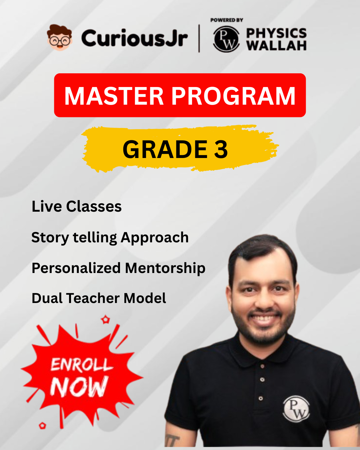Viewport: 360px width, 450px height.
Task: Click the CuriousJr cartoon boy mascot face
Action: pos(60,37)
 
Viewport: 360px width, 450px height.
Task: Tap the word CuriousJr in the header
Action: pos(134,38)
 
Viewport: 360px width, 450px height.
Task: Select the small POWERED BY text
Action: pos(227,20)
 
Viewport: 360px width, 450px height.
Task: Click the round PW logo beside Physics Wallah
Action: pos(226,39)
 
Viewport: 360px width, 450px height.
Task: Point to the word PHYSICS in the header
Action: pos(276,33)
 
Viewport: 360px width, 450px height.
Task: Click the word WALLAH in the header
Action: pos(276,45)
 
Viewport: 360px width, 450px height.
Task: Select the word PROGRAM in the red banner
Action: pos(233,96)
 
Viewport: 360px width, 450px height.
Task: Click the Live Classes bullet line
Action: pos(77,206)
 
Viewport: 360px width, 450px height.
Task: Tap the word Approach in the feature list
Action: pos(155,237)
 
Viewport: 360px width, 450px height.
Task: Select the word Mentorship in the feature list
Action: pos(165,268)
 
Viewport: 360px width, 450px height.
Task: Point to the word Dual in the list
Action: pos(47,298)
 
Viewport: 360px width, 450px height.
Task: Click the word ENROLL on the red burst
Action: pos(81,365)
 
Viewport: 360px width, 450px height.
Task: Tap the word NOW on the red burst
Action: pos(79,387)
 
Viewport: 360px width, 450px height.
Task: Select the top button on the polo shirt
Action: pos(263,366)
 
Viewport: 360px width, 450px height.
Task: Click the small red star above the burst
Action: pos(106,320)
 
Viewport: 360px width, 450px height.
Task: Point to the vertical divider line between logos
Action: pos(199,38)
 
